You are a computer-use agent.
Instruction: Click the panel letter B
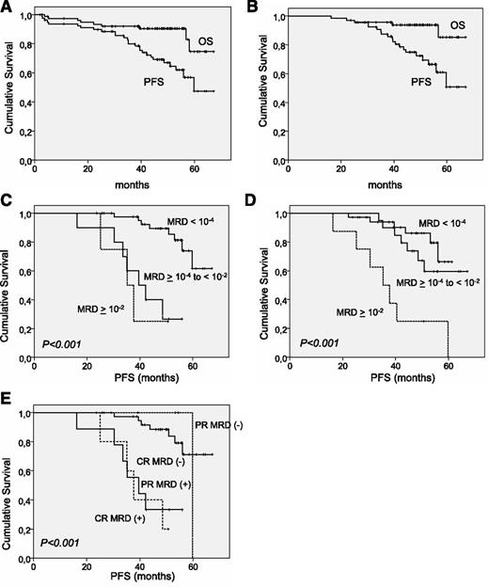click(x=260, y=8)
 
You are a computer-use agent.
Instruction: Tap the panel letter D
click(x=260, y=207)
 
